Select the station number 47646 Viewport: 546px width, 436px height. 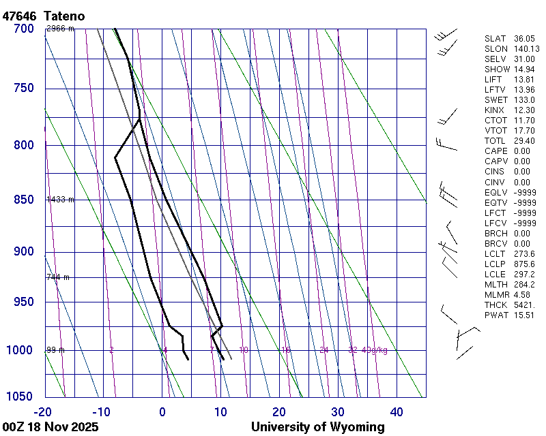pos(19,16)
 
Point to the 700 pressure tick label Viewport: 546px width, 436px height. pos(23,29)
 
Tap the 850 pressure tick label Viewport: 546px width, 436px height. pos(23,200)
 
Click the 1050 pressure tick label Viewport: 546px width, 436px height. pos(20,397)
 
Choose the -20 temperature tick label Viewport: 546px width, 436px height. pos(43,411)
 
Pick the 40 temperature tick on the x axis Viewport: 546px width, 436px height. pos(397,411)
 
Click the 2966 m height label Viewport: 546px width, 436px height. pos(60,29)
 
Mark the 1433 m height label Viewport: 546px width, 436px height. pos(60,200)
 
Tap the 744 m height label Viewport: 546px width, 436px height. pos(58,277)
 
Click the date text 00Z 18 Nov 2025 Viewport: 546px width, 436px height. pos(51,427)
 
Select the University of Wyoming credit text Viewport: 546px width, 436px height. pos(317,427)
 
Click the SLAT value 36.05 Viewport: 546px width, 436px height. pos(524,39)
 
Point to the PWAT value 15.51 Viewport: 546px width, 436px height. pos(524,315)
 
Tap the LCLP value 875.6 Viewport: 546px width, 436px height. pos(524,264)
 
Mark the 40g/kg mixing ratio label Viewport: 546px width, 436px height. pos(376,350)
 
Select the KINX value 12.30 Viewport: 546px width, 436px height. pos(524,110)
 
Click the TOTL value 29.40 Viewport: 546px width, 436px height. pos(524,141)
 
